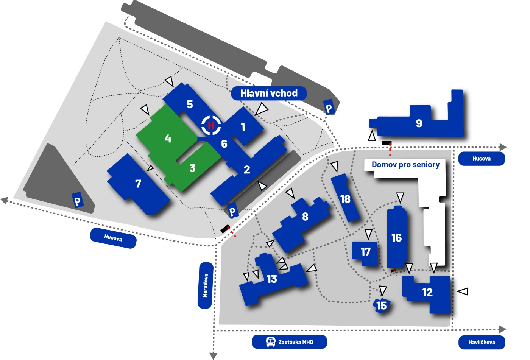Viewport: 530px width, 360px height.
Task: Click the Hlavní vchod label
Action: pos(269,93)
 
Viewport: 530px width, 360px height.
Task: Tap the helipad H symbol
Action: pos(211,125)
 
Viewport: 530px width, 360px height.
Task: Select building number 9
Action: pos(419,123)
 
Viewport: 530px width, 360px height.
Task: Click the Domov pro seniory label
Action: pos(405,165)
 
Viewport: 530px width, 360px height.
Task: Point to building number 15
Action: pos(382,305)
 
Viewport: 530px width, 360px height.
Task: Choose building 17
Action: pos(365,252)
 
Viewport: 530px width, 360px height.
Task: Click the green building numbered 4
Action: pos(168,139)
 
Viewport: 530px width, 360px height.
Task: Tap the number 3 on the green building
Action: pos(192,168)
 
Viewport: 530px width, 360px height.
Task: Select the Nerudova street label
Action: pos(205,285)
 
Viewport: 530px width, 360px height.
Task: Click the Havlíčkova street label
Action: pos(482,342)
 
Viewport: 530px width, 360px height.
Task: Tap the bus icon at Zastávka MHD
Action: pos(270,342)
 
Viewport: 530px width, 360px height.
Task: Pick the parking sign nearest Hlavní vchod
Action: pos(329,108)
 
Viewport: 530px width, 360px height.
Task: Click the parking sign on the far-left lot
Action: pos(78,201)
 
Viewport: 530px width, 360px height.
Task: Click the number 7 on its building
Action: pos(138,184)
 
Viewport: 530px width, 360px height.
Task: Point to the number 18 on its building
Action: pos(345,199)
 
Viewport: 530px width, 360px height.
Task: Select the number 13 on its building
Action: pos(272,279)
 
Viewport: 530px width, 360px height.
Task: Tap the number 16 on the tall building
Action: pos(396,238)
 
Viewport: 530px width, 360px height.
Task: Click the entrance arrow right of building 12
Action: pos(463,291)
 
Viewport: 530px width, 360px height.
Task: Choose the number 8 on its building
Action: pos(305,217)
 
